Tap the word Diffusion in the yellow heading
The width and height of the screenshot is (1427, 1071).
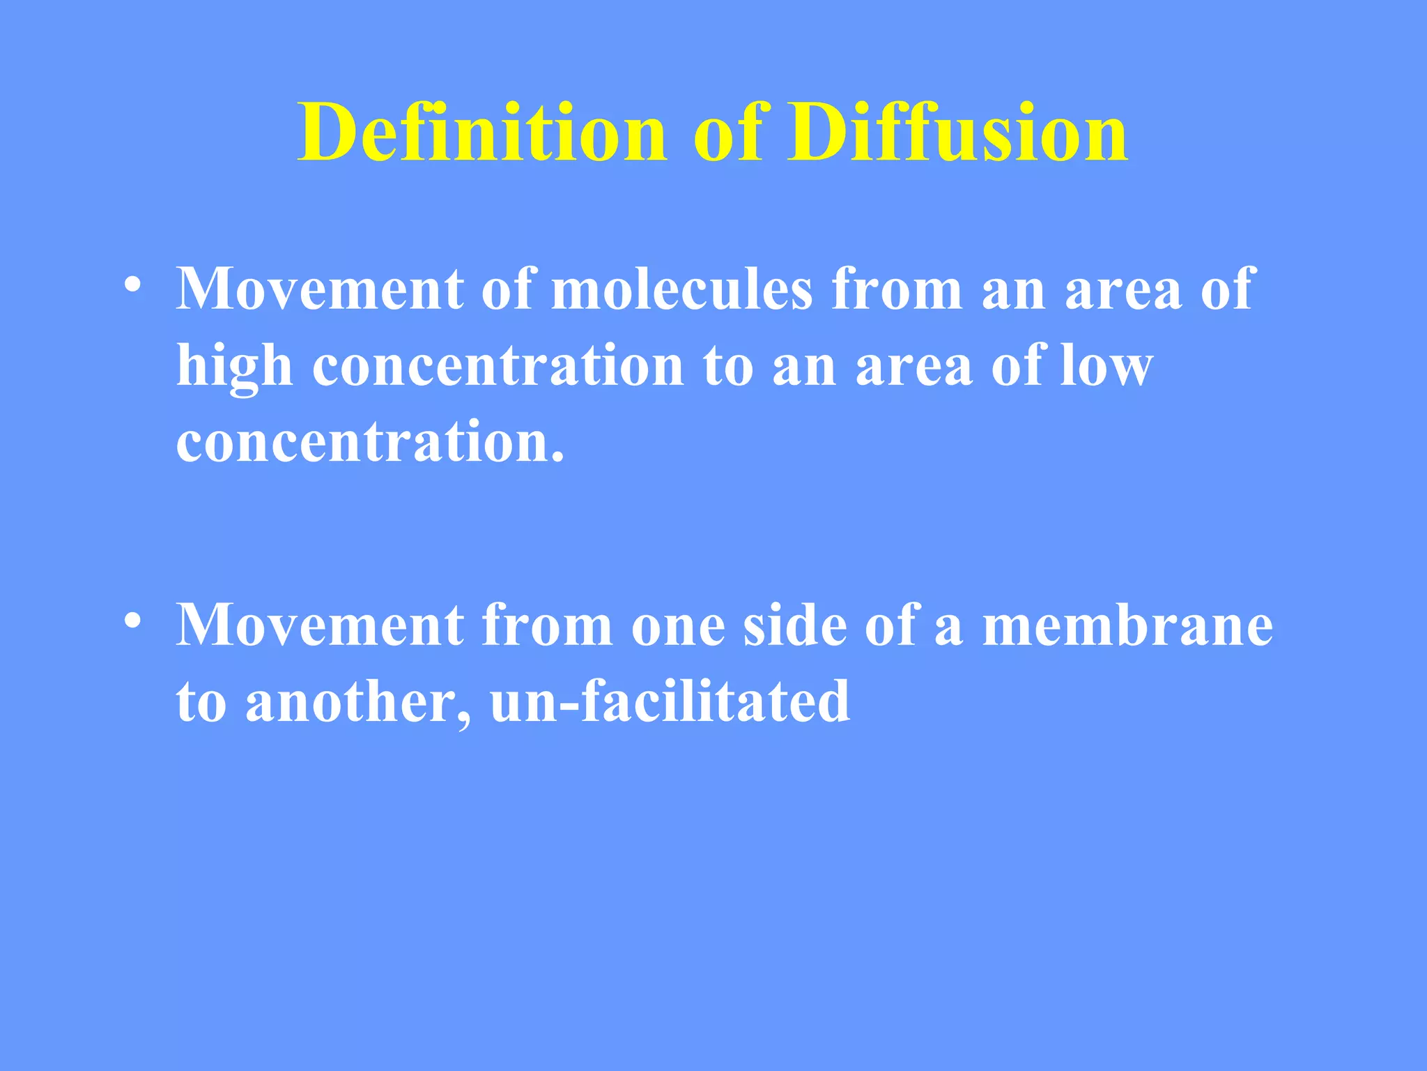[x=957, y=132]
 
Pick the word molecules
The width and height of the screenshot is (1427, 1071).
[x=682, y=289]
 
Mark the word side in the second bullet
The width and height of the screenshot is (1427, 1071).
[x=794, y=625]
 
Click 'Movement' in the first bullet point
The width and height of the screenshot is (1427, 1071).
[x=320, y=289]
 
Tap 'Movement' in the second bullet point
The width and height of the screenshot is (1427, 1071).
[x=320, y=625]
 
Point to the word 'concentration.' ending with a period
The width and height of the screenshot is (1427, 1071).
[x=369, y=443]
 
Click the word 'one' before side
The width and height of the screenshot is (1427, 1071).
[x=677, y=625]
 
